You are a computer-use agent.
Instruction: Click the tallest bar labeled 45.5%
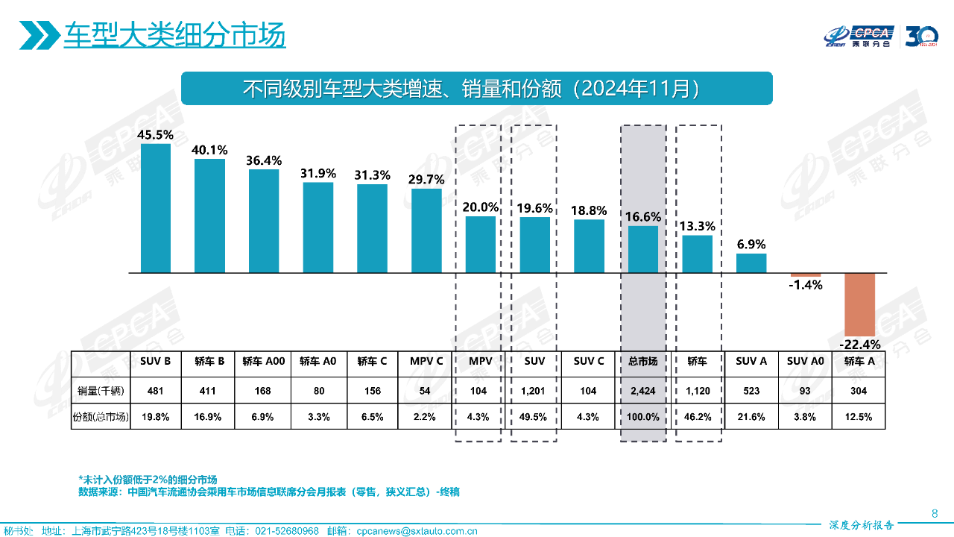(x=156, y=208)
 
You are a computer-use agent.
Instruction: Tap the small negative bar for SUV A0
(x=806, y=275)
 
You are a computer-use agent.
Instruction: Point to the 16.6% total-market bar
(x=643, y=249)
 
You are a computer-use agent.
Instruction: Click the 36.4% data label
(x=264, y=160)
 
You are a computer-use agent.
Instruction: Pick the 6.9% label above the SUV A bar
(x=751, y=245)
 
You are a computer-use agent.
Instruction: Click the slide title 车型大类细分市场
(x=174, y=35)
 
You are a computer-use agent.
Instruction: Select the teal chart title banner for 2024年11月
(x=477, y=88)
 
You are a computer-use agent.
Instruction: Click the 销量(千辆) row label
(x=100, y=391)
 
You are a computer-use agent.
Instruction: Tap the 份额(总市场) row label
(x=100, y=417)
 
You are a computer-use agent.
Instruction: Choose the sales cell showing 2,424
(x=642, y=391)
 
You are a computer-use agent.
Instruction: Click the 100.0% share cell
(x=642, y=417)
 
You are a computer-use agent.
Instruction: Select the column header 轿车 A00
(x=264, y=361)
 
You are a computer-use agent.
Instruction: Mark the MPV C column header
(x=426, y=361)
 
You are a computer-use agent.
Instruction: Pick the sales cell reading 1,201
(x=534, y=391)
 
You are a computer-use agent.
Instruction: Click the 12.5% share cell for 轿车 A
(x=859, y=417)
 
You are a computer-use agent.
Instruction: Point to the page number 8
(x=935, y=513)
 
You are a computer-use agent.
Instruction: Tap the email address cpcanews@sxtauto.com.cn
(x=417, y=531)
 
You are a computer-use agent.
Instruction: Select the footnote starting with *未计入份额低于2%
(x=153, y=479)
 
